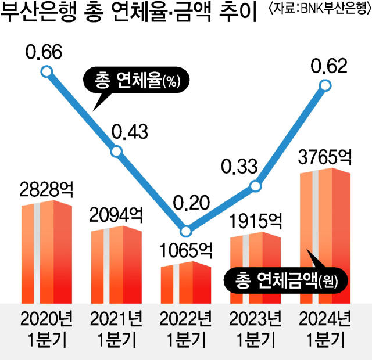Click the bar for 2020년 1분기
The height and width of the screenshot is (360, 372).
[x=46, y=253]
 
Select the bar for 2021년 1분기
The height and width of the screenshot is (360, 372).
[x=116, y=264]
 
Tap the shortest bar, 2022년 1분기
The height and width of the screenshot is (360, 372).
[x=186, y=282]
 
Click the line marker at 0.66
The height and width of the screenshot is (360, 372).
[x=47, y=72]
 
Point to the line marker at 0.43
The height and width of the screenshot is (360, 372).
[x=116, y=152]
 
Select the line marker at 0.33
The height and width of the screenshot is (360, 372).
[x=256, y=186]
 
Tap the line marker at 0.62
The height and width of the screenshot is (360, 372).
[x=326, y=86]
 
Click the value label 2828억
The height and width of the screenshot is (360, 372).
[x=46, y=190]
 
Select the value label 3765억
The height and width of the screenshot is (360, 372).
[x=325, y=157]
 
